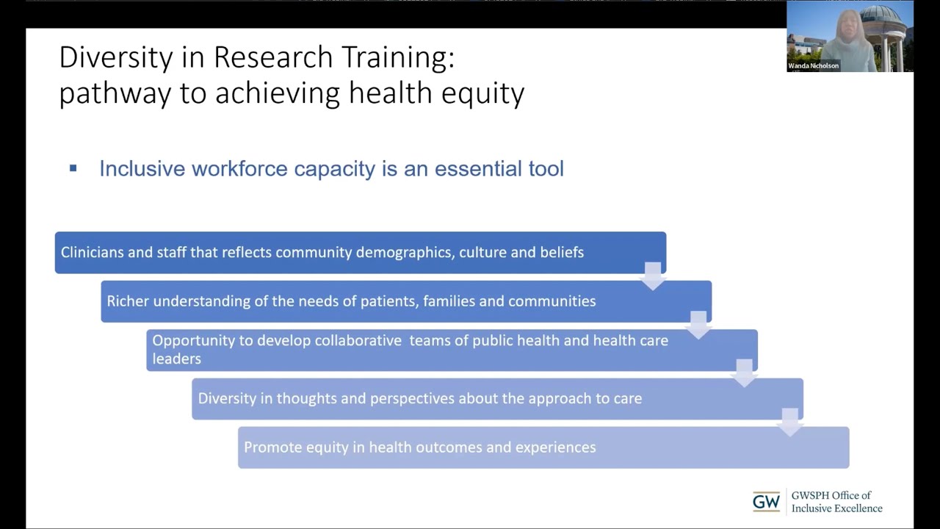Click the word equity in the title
pos(485,94)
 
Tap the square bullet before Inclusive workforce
pos(73,168)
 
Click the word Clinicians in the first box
pos(92,252)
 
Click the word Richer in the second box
pos(128,301)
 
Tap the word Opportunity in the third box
pos(192,341)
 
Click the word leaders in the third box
pos(176,359)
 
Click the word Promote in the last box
pos(272,447)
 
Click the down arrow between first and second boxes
pos(652,276)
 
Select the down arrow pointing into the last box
pos(789,422)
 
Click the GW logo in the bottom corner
pos(766,502)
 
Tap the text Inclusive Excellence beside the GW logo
pos(836,508)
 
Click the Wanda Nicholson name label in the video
pos(813,66)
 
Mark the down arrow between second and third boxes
pos(698,324)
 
